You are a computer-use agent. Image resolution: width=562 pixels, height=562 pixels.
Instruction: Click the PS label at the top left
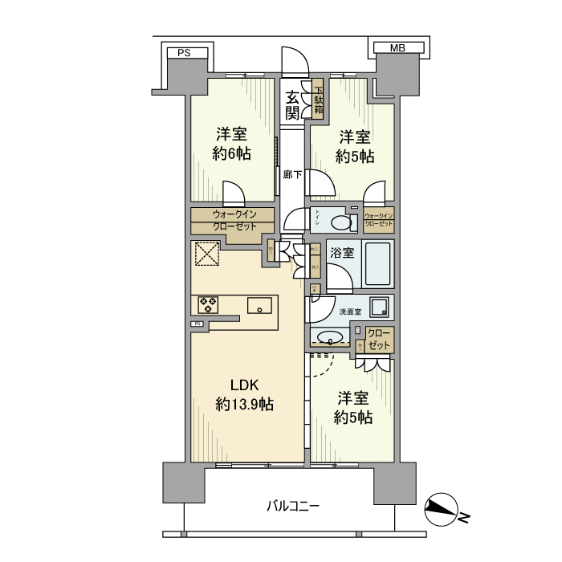point(184,53)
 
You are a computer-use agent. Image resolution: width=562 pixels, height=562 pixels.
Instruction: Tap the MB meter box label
point(397,48)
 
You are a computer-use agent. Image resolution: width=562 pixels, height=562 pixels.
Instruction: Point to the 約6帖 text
point(233,153)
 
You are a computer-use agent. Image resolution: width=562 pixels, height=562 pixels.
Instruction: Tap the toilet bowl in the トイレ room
point(344,222)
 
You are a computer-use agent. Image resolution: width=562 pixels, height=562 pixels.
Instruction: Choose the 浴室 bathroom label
point(343,253)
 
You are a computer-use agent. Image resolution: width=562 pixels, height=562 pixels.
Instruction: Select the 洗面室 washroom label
point(351,311)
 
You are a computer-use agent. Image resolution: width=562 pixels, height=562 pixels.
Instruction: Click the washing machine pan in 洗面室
point(377,307)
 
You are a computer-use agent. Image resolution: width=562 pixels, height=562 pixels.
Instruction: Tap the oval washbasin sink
point(330,337)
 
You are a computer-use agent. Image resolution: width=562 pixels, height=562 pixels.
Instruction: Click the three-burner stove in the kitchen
point(209,304)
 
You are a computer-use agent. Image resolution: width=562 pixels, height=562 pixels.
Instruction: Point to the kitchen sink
point(260,305)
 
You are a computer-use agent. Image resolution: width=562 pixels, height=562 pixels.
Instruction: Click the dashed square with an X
point(206,255)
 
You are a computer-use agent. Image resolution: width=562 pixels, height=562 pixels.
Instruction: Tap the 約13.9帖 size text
point(244,405)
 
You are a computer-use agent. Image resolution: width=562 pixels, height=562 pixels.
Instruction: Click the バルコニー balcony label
point(293,507)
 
